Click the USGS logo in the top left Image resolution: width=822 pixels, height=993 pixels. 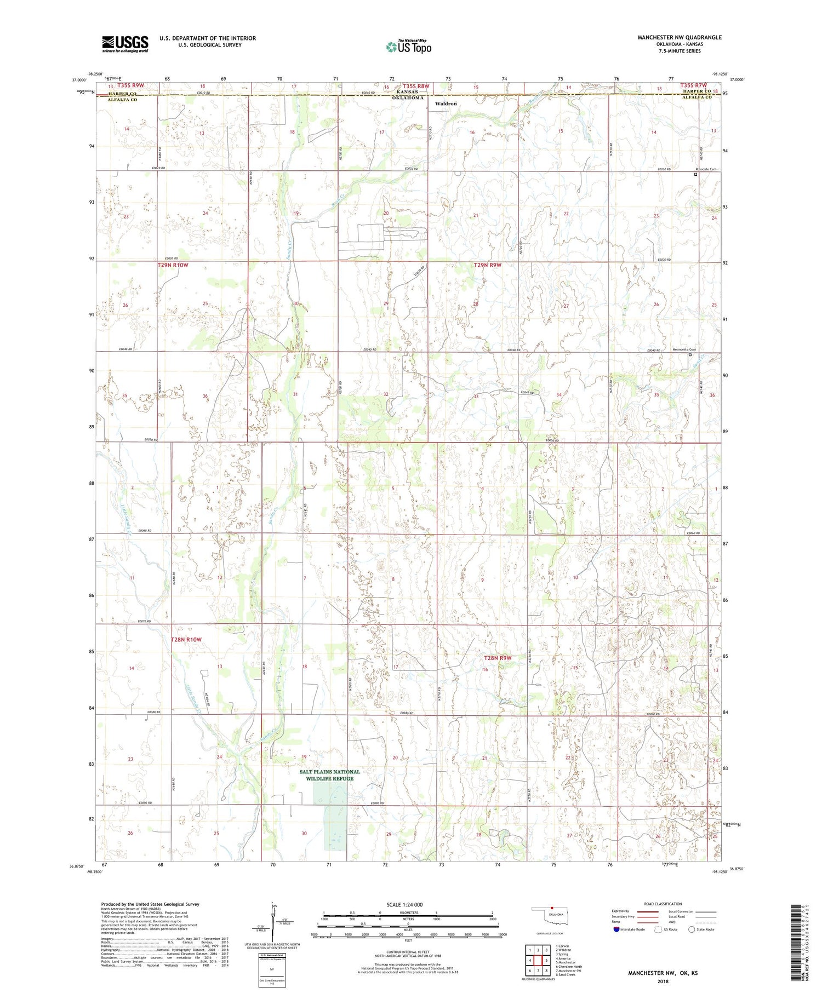(125, 44)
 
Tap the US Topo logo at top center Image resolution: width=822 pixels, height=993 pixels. (408, 47)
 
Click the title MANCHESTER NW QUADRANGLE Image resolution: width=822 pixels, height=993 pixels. (679, 37)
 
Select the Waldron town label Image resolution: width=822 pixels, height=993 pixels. (446, 103)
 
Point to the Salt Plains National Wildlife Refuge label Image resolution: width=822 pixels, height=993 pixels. (329, 775)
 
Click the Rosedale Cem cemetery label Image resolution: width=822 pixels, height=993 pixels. (706, 169)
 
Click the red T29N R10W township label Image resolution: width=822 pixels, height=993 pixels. (173, 265)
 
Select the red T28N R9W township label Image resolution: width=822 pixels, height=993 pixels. (497, 658)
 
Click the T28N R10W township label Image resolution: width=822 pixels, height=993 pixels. (186, 640)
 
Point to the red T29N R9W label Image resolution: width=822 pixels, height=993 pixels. (487, 265)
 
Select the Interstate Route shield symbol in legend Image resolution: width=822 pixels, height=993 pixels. (616, 929)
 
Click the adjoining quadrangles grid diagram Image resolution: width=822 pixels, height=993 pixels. (538, 960)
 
